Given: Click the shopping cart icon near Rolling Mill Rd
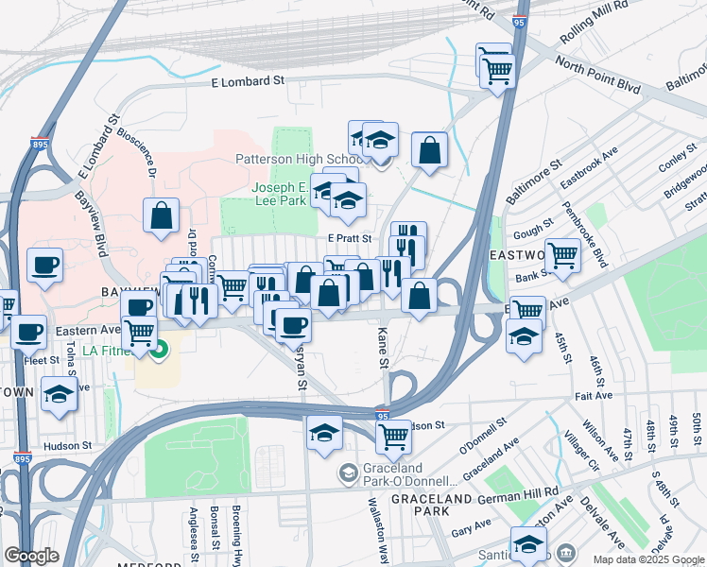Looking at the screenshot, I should click(497, 69).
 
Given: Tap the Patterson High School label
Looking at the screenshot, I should click(296, 159).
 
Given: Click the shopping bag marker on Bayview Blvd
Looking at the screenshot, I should click(162, 215).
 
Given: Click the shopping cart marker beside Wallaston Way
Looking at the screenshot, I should click(393, 437).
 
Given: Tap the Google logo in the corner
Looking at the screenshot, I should click(32, 556).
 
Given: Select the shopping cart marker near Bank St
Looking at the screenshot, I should click(562, 254).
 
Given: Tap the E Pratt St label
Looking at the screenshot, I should click(349, 239).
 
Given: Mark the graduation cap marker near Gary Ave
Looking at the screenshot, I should click(528, 545).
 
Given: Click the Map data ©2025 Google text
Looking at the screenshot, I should click(648, 558).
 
